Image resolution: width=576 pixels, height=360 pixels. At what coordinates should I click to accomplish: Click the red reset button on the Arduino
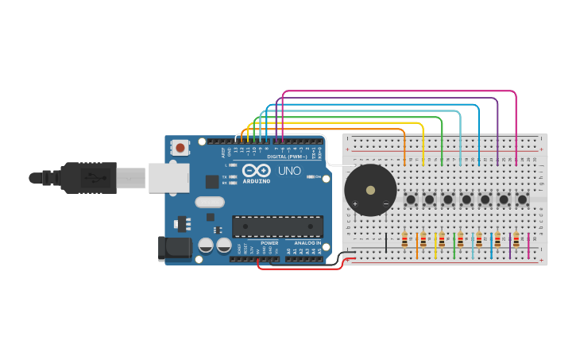coord(180,147)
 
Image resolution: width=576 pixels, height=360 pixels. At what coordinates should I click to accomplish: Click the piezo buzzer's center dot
coord(370,190)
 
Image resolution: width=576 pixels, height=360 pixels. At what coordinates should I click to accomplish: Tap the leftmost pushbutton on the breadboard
coord(410,199)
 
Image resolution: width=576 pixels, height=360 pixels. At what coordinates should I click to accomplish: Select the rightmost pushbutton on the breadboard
coord(522,199)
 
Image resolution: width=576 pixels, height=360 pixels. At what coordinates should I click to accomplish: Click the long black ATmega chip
coord(277,226)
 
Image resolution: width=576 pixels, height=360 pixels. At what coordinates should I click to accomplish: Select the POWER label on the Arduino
coord(269,242)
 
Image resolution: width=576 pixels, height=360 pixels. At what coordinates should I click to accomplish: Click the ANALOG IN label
coord(307,242)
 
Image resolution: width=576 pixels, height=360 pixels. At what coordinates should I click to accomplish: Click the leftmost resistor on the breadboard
coord(404,239)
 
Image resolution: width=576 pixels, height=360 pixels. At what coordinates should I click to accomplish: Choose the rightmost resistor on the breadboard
coord(516,239)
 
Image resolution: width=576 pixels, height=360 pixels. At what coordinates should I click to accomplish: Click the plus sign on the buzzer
coord(355,204)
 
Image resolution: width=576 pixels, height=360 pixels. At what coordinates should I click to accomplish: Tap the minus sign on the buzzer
coord(386,204)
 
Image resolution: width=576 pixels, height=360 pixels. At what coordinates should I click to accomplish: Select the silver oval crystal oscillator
coord(210,202)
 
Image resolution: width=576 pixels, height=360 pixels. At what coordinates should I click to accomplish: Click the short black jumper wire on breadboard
coord(386,242)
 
